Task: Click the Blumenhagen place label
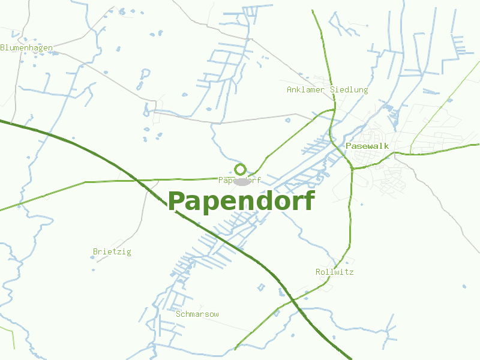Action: tap(26, 47)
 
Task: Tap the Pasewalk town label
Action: tap(367, 146)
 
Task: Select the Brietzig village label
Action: tap(112, 251)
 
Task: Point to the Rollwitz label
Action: tap(334, 272)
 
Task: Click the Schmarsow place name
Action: tap(197, 314)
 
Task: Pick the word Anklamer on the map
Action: tap(306, 89)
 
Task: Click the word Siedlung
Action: tap(349, 89)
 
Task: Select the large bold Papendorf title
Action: tap(241, 201)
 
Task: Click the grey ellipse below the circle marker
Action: tap(242, 181)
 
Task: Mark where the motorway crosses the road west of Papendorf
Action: tap(137, 179)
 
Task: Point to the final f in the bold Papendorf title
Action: tap(308, 200)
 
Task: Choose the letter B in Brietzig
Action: tap(95, 251)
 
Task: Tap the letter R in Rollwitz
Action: tap(318, 272)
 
